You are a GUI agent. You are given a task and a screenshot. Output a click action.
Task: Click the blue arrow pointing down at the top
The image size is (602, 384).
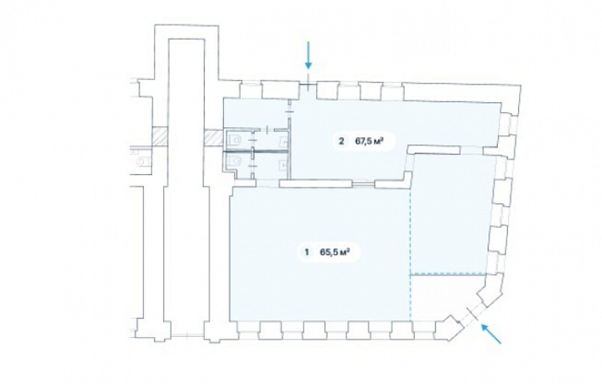coord(308,55)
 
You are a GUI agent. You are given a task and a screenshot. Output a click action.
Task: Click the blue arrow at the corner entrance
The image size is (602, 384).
coord(491,333)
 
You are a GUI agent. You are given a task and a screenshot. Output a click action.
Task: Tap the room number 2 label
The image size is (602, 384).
coord(341,141)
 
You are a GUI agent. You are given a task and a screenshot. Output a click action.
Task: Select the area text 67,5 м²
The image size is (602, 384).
coord(369,141)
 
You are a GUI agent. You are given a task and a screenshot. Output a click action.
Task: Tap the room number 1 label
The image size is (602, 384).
coord(306,253)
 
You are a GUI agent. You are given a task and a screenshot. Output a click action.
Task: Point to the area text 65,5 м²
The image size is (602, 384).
coord(334,253)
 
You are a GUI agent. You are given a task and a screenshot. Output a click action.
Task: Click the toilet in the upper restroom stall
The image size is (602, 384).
coord(233,140)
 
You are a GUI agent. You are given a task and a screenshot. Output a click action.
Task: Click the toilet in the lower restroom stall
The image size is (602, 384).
coord(233,161)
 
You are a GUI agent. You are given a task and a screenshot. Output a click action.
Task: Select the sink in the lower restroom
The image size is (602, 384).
coord(283,164)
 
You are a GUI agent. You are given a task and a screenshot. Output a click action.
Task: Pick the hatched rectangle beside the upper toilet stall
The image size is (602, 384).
coord(213,138)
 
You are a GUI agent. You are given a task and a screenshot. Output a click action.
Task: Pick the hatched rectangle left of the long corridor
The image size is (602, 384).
coord(159,137)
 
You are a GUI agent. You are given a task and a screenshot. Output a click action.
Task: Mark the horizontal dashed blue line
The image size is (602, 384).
coord(449,274)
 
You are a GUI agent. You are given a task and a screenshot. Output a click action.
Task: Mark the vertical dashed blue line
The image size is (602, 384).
coord(410,254)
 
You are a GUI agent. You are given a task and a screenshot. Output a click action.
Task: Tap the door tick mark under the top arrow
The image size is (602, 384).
coord(308,85)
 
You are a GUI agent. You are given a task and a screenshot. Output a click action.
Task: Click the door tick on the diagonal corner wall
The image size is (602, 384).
coord(473,314)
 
